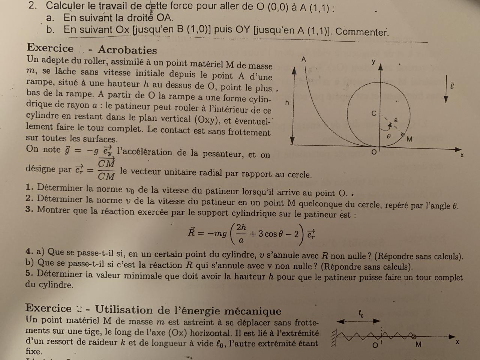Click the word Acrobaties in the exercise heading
(127, 50)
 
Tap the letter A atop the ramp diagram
(304, 59)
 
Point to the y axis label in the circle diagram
(373, 61)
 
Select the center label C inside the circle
(373, 113)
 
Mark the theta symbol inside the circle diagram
(388, 137)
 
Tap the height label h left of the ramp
(287, 102)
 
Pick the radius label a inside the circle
(396, 120)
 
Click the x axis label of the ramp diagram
(462, 155)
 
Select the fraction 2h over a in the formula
(241, 233)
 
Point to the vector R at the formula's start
(191, 232)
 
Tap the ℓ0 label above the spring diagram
(361, 313)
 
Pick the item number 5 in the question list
(29, 273)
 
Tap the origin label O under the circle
(373, 152)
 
